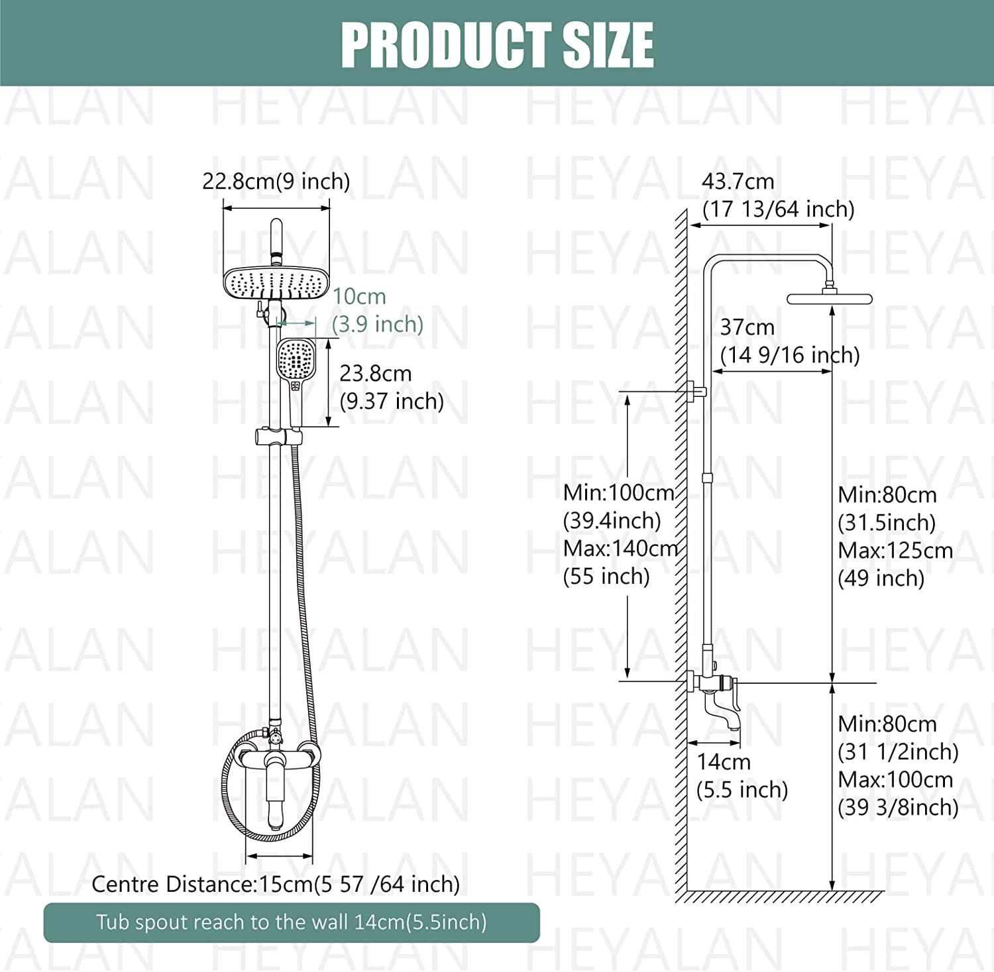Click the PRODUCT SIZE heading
497,45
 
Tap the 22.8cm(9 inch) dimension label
276,181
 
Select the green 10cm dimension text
359,296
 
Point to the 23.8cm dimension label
376,374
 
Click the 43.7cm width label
738,181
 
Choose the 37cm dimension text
747,327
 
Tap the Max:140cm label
620,549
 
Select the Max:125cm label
895,551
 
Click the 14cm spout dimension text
724,762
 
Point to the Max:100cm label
895,780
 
